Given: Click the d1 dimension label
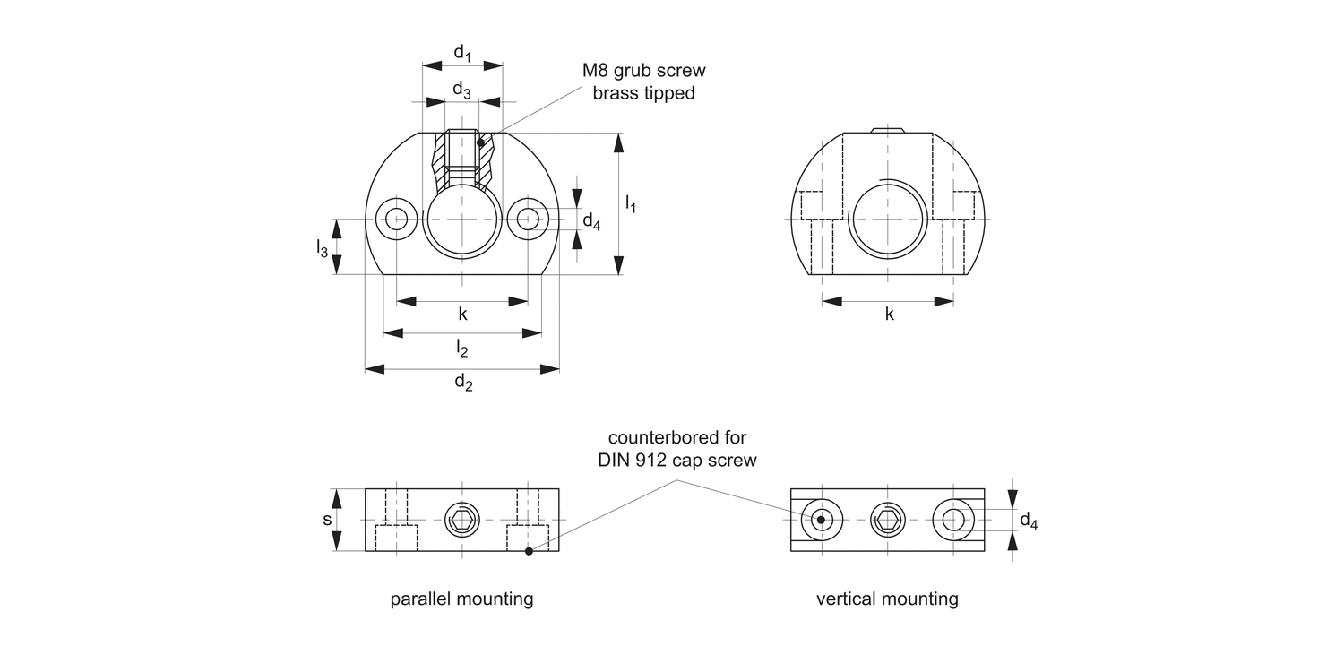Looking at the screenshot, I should tap(462, 54).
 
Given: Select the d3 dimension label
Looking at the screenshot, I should tap(462, 90).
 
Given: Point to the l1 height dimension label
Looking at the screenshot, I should tap(631, 204).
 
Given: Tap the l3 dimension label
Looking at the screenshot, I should tap(322, 248).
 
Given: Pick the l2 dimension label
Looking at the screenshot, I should tap(462, 348).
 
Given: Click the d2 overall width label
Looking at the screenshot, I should tap(462, 383).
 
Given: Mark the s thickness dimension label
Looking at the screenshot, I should tap(328, 520).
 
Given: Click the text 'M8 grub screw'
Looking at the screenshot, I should tap(643, 71).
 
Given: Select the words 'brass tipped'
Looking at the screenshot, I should tap(643, 93).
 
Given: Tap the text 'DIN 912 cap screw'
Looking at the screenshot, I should tap(677, 461).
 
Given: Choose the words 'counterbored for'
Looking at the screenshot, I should tap(677, 438).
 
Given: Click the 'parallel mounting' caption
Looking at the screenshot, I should tap(461, 599).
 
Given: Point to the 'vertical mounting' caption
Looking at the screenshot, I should tap(887, 599).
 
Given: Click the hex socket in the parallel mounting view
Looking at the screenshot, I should tap(462, 520).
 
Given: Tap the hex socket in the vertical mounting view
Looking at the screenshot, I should tap(887, 520).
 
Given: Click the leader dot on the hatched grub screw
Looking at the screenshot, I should tap(481, 142).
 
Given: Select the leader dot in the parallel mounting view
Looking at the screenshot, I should tap(529, 551).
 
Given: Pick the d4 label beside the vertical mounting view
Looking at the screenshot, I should tap(1029, 521).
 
